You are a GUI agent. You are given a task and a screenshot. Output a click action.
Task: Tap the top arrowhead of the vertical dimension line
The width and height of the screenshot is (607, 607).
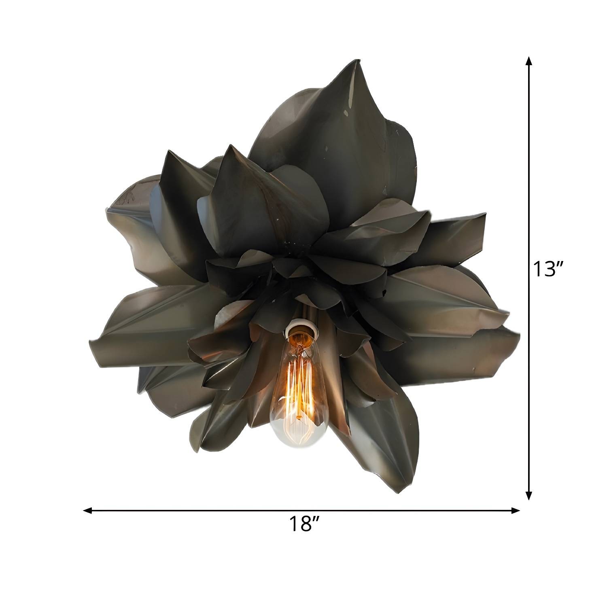click(528, 61)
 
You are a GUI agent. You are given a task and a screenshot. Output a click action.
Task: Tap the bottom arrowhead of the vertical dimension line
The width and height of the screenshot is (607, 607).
click(528, 495)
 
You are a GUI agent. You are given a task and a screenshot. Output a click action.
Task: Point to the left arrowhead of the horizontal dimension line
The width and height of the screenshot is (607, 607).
click(87, 511)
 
